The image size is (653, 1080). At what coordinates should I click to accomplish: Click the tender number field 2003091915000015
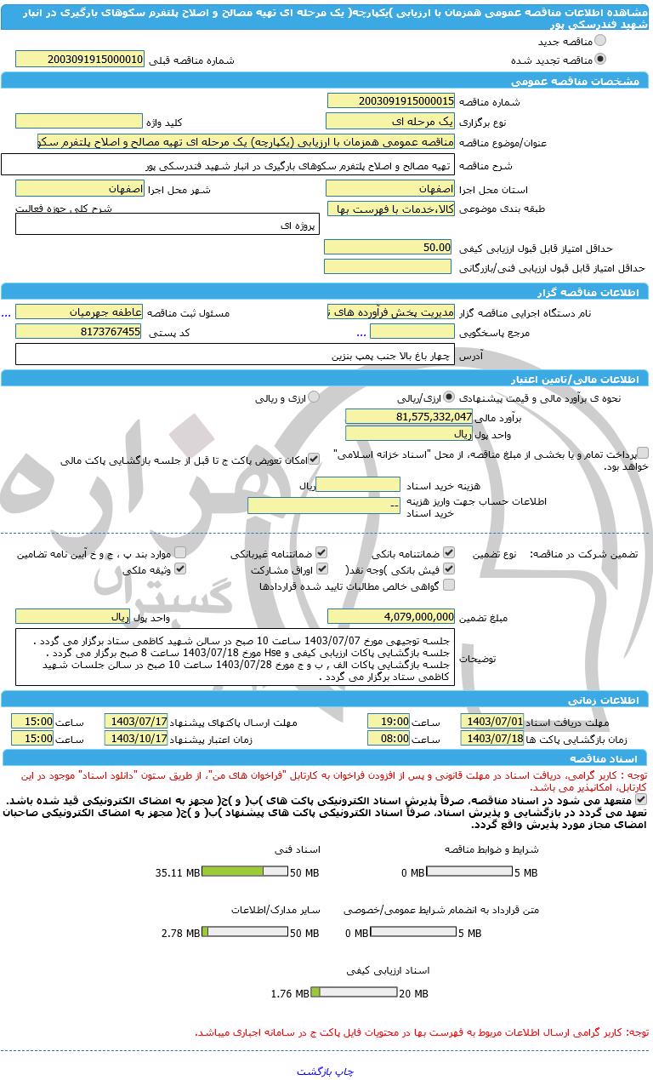click(390, 101)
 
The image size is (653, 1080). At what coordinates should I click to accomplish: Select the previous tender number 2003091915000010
click(80, 60)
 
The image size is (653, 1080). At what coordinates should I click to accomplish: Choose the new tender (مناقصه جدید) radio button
click(601, 41)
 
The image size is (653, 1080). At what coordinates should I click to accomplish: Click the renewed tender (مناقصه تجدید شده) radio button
click(601, 60)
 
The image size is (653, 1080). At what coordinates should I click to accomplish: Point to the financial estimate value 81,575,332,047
click(409, 416)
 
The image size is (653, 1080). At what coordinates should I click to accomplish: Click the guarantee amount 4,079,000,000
click(390, 616)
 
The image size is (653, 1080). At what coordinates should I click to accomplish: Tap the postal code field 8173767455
click(80, 331)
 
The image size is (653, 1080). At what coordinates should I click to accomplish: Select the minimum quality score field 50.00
click(389, 247)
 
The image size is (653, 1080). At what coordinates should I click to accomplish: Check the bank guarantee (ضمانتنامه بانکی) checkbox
click(449, 552)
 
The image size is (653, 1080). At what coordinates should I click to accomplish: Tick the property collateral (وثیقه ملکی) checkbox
click(179, 569)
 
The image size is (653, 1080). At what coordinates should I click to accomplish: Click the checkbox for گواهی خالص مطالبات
click(449, 585)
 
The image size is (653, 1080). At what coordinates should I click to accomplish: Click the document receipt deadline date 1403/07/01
click(492, 721)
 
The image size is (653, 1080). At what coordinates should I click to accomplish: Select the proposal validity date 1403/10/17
click(136, 739)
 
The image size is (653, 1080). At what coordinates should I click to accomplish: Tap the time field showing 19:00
click(389, 721)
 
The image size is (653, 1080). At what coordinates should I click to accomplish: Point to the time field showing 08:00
click(389, 739)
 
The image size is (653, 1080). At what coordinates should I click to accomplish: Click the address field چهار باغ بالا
click(236, 354)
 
